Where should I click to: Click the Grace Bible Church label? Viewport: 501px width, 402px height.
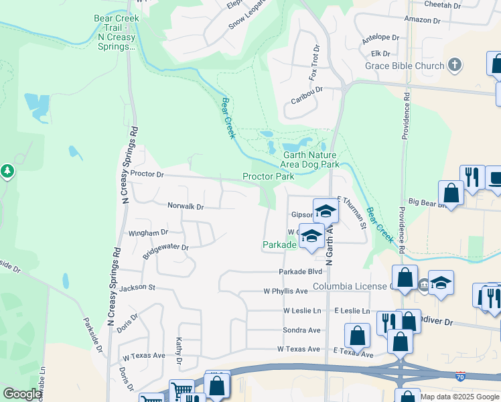[x=405, y=66]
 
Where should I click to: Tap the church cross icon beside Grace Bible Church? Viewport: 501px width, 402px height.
[x=455, y=65]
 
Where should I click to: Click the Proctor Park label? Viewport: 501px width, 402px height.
[x=268, y=177]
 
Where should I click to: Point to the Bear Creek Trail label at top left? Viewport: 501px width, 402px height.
[x=112, y=32]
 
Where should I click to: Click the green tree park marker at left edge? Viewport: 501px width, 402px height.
[x=7, y=172]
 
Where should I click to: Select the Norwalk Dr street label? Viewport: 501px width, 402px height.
[x=185, y=206]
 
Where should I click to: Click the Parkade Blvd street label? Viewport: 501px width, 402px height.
[x=301, y=271]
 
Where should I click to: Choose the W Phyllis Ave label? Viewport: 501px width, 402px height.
[x=285, y=291]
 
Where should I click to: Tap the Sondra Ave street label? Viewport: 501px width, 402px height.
[x=301, y=330]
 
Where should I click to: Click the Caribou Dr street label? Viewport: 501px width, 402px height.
[x=307, y=90]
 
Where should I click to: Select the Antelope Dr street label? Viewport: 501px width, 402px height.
[x=380, y=39]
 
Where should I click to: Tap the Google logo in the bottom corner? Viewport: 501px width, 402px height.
[x=22, y=394]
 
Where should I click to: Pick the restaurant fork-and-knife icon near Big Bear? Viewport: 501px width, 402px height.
[x=474, y=177]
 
